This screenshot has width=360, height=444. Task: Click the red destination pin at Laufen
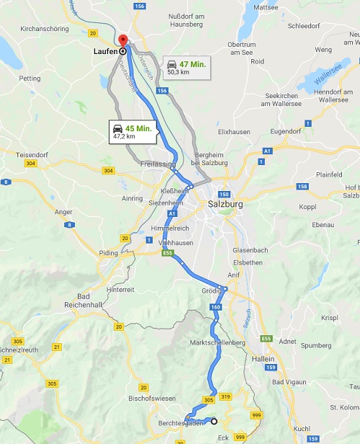(122, 41)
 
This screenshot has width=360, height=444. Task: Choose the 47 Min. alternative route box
(186, 67)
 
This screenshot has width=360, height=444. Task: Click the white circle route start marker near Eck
(214, 421)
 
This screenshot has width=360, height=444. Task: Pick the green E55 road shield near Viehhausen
(167, 254)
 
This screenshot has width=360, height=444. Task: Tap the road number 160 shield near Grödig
(215, 308)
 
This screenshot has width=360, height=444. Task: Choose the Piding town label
(108, 254)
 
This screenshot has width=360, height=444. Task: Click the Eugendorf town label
(306, 133)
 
